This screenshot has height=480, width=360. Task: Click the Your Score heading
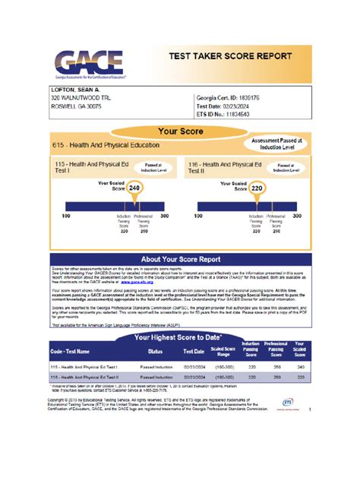point(179,131)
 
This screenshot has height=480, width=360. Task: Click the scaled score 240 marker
point(134,187)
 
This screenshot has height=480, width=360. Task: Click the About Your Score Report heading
point(180,257)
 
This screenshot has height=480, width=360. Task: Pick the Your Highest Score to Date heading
point(180,336)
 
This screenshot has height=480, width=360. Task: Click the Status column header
point(156,352)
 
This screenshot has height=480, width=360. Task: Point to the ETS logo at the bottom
point(287,402)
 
